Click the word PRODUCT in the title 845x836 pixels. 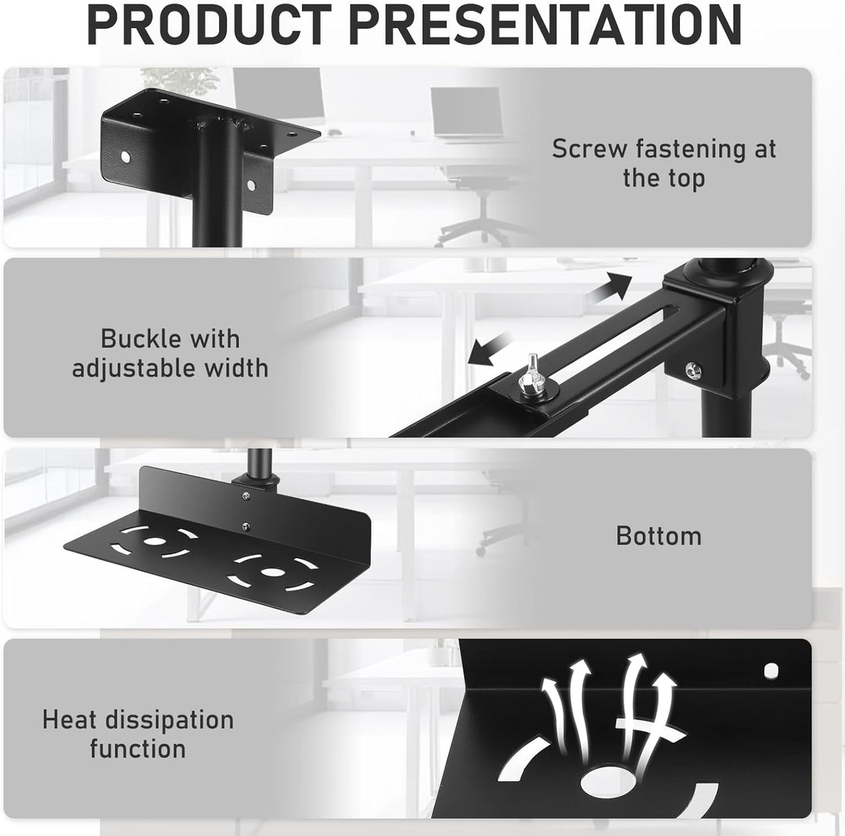tap(209, 25)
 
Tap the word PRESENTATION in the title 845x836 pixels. tap(545, 25)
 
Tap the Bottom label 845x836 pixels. tap(659, 536)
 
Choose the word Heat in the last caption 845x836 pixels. tap(69, 720)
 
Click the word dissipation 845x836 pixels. tap(169, 721)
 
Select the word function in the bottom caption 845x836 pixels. tap(138, 749)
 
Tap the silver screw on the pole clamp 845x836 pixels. tap(692, 369)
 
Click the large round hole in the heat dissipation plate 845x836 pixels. tap(610, 782)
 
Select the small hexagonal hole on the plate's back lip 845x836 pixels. tap(771, 670)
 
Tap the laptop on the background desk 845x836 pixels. tap(466, 114)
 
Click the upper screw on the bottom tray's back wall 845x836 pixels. tap(246, 496)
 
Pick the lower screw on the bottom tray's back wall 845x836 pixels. tap(246, 527)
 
